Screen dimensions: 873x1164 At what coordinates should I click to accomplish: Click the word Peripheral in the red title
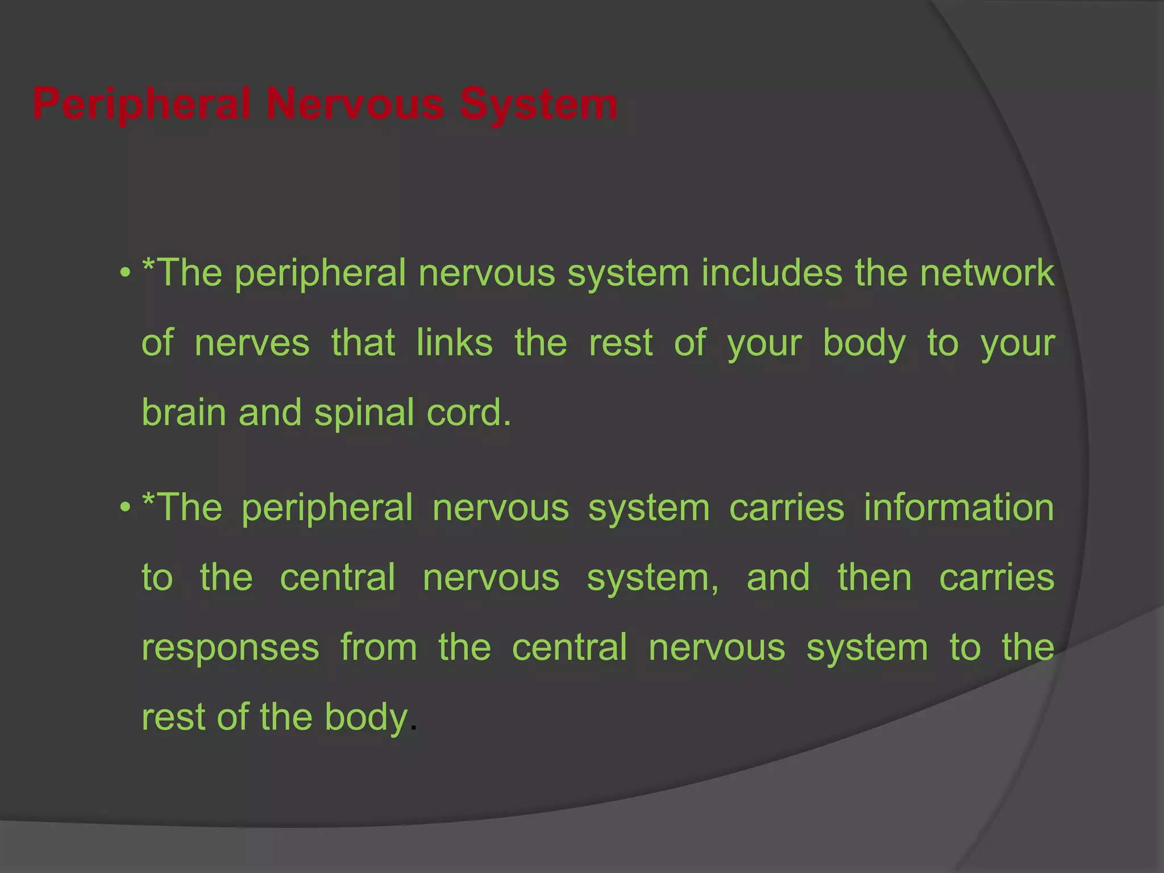[142, 105]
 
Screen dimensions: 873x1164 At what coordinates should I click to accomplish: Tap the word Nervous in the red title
[355, 105]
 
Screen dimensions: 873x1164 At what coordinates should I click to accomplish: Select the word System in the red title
[538, 105]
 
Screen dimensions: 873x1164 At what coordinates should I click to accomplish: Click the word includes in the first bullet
[771, 273]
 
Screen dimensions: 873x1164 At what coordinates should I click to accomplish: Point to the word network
[987, 273]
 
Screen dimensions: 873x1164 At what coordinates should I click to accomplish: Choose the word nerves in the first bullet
[252, 343]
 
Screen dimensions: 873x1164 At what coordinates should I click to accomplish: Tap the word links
[454, 343]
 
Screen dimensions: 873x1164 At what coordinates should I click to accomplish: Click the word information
[959, 508]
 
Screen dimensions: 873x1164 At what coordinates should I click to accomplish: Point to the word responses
[230, 648]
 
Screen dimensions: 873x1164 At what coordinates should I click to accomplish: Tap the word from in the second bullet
[379, 647]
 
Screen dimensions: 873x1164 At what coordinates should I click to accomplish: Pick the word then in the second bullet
[875, 577]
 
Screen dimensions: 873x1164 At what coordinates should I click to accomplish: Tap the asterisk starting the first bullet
[148, 265]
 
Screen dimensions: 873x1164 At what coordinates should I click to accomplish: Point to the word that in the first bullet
[363, 343]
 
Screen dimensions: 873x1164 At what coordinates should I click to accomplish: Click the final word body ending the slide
[367, 718]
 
